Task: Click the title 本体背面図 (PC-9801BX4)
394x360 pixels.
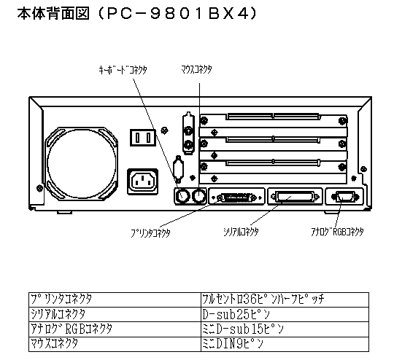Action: [137, 14]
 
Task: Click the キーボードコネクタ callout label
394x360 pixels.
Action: [123, 70]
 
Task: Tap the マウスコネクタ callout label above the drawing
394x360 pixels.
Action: [196, 69]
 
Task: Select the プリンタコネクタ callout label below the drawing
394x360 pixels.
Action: [150, 232]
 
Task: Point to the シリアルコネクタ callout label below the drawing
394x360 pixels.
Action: [241, 232]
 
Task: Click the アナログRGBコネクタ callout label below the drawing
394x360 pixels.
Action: [337, 232]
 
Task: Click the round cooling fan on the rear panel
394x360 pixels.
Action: [82, 164]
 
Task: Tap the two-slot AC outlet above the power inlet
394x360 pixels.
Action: [143, 138]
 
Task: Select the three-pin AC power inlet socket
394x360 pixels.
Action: [143, 181]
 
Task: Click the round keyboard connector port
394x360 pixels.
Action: [182, 196]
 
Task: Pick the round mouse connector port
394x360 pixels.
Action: [199, 196]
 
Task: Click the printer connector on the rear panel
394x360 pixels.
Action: [236, 197]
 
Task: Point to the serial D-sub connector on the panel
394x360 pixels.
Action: [295, 197]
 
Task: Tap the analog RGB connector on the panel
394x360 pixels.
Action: [344, 197]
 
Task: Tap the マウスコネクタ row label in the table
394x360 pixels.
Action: [54, 343]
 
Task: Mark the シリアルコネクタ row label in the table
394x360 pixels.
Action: [58, 314]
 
